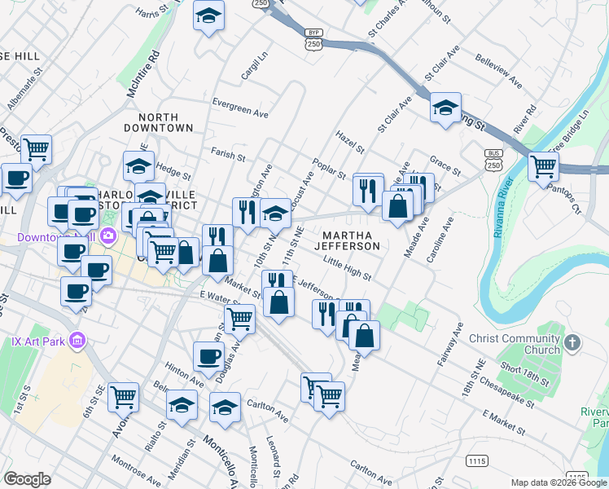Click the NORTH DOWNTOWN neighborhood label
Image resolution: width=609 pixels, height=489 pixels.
(159, 122)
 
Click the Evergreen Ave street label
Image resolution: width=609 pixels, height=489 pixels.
(239, 104)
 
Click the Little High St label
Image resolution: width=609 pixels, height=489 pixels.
(347, 267)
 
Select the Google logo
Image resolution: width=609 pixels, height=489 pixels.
(28, 479)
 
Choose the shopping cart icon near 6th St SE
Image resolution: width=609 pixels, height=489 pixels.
(123, 397)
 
